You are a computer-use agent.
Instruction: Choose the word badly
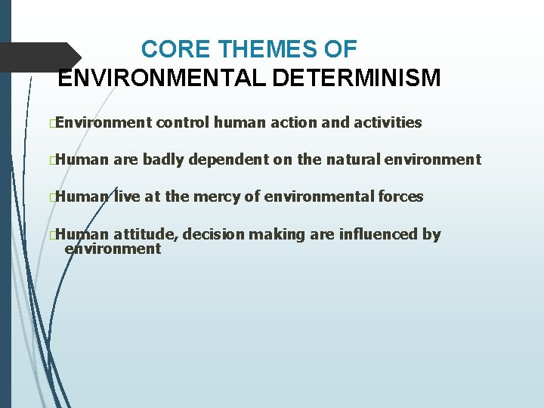[x=163, y=159]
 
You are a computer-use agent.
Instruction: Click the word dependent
[x=227, y=159]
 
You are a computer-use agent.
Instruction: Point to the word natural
[x=354, y=159]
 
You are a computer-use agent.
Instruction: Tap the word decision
[x=213, y=235]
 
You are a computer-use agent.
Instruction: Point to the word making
[x=277, y=235]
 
